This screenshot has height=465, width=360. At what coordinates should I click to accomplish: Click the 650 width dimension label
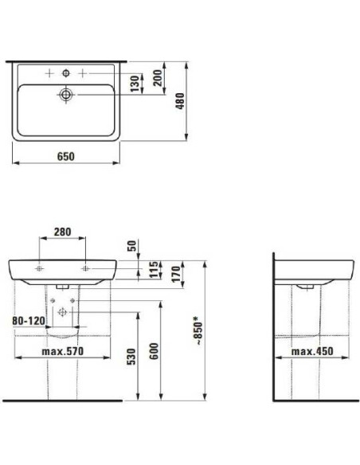(65, 157)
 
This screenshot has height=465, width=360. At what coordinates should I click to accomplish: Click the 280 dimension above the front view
(62, 232)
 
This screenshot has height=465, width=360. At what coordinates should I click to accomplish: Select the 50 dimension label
(132, 244)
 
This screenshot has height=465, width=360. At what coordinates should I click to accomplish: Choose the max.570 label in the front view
(62, 351)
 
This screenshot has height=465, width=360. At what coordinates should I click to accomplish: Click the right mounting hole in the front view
(85, 268)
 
